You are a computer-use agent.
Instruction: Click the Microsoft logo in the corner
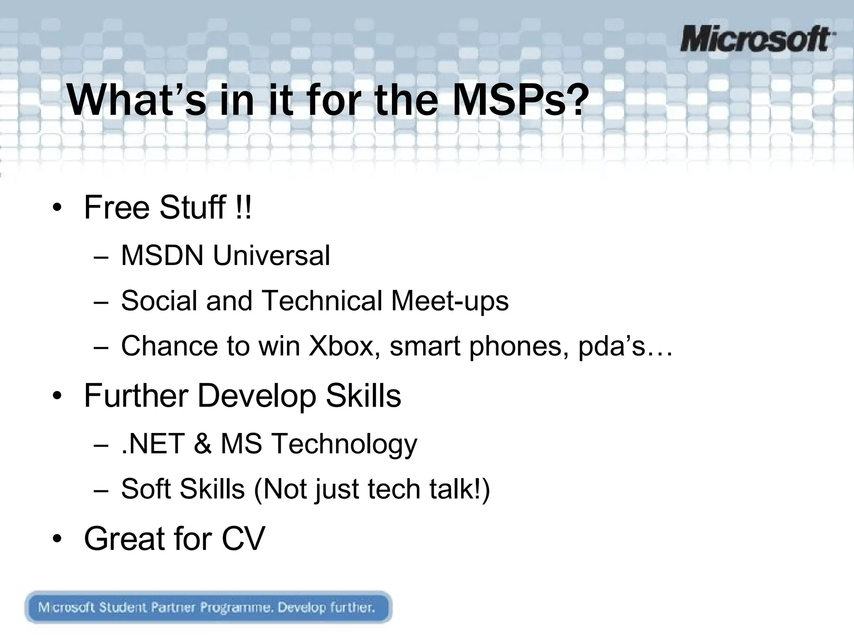(x=757, y=39)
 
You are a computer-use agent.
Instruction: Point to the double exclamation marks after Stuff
(x=244, y=207)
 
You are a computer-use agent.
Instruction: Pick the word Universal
(x=271, y=255)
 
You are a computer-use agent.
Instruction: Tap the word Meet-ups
(x=450, y=300)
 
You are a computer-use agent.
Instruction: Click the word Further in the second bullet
(x=136, y=395)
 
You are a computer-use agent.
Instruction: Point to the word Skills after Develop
(x=363, y=395)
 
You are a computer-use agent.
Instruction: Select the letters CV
(x=243, y=539)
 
